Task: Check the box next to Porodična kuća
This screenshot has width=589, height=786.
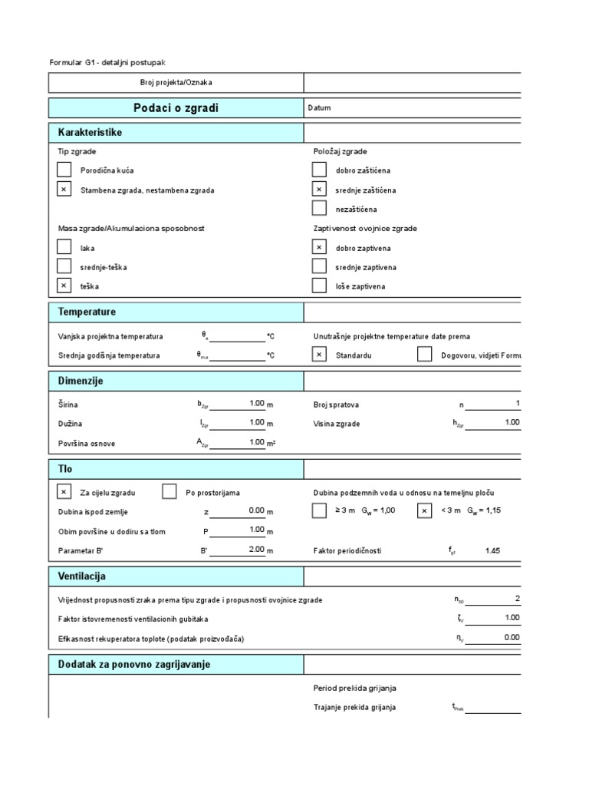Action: (64, 170)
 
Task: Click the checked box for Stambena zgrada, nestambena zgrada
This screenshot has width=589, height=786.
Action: (64, 190)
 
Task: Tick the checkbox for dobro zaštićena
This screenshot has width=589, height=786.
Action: (320, 170)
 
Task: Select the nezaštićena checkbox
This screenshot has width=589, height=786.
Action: (320, 208)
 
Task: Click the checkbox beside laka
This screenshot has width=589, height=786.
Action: (64, 247)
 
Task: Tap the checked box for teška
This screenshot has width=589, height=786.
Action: (64, 286)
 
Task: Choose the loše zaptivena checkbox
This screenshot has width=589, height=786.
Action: (320, 286)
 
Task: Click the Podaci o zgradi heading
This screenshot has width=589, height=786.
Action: (176, 108)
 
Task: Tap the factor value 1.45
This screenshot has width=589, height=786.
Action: (492, 550)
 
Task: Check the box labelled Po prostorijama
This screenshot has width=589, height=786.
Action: (169, 492)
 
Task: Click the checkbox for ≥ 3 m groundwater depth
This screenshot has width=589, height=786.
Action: (320, 511)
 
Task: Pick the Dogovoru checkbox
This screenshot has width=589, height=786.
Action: (424, 355)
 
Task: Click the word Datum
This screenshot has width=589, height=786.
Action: (319, 108)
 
